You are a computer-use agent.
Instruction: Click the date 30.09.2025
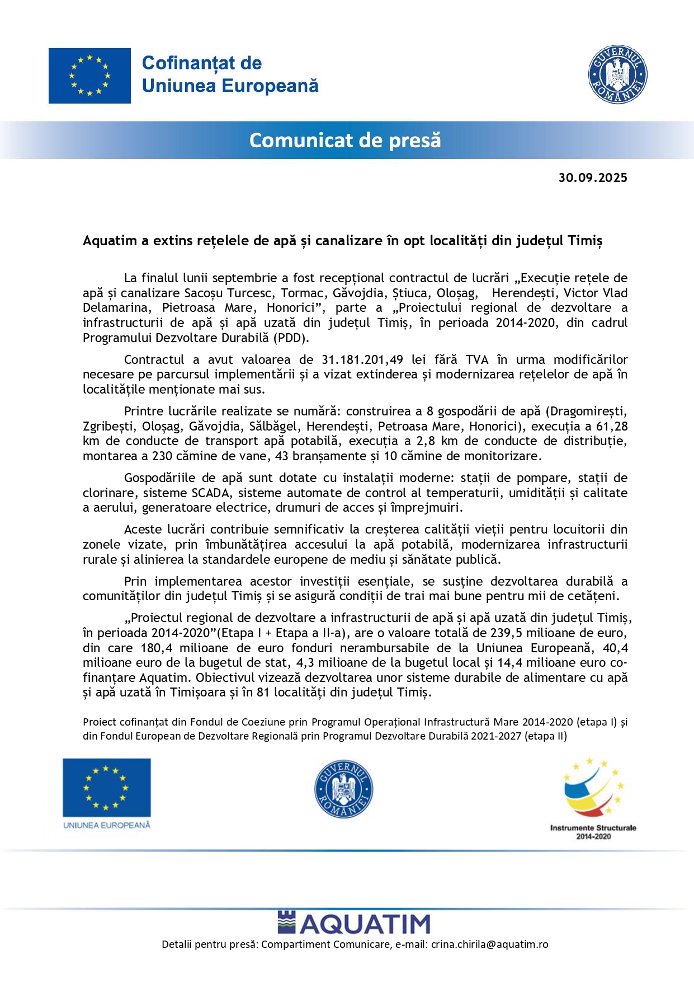[592, 178]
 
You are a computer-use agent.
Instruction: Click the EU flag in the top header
[89, 76]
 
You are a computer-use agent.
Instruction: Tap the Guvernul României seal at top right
[617, 74]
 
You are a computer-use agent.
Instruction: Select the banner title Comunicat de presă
[345, 140]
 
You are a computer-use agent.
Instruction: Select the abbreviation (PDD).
[291, 338]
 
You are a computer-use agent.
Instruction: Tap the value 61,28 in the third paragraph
[612, 426]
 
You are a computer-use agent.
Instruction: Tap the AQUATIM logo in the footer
[354, 923]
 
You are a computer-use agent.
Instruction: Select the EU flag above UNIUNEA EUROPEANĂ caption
[106, 787]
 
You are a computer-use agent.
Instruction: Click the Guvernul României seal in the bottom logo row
[343, 789]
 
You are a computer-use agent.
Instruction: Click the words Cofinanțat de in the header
[202, 63]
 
